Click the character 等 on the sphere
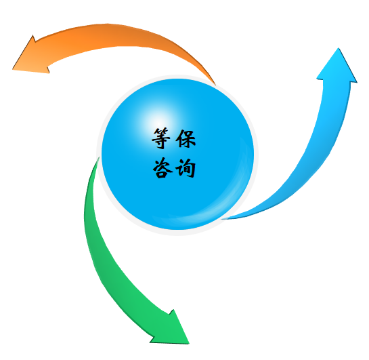coord(160,138)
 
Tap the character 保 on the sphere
coord(186,138)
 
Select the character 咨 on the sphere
coord(162,167)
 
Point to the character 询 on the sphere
coord(186,167)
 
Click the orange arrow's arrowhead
coord(33,58)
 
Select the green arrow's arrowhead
coord(173,330)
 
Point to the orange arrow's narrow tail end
coord(215,84)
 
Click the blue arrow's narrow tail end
coord(223,219)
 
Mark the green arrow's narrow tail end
coord(98,159)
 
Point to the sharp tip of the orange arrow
coord(12,69)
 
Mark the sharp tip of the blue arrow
coord(339,48)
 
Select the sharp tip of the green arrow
coord(189,344)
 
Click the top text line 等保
coord(174,138)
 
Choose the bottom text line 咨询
coord(174,167)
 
